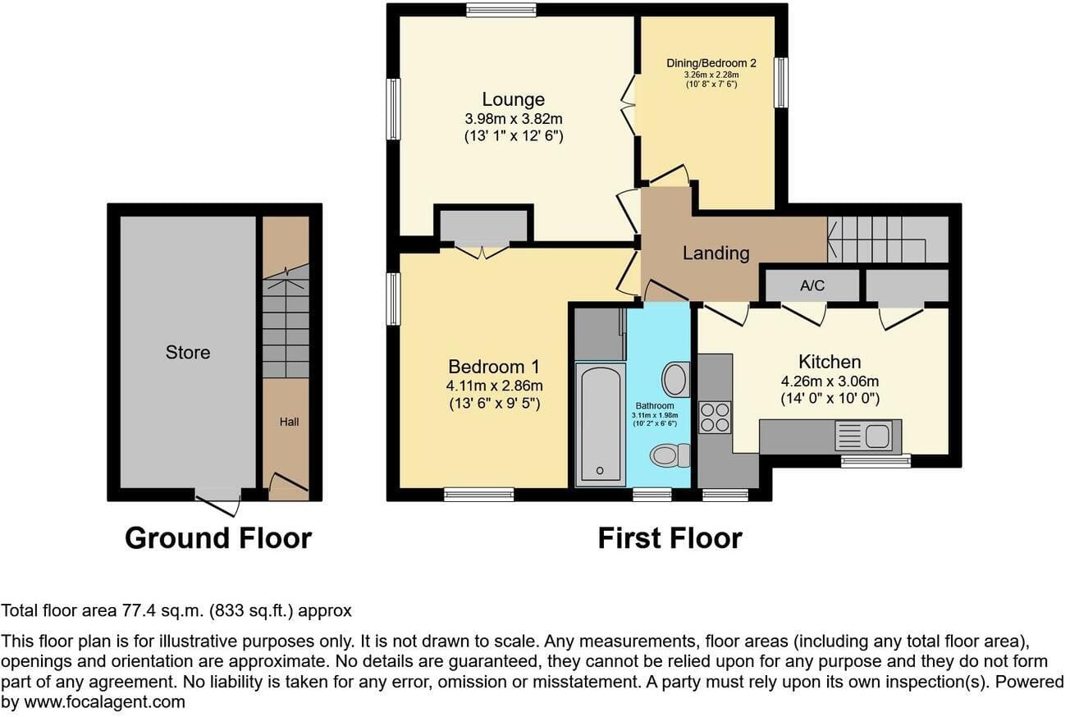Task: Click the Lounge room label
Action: click(514, 99)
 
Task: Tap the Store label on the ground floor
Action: click(188, 353)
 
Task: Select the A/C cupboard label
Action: click(812, 285)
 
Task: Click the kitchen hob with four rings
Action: click(715, 418)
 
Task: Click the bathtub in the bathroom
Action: click(601, 425)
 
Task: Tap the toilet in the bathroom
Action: click(670, 455)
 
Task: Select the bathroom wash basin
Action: click(676, 379)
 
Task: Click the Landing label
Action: click(716, 253)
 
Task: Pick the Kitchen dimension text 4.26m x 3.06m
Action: click(830, 381)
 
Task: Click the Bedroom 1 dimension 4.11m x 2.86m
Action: click(495, 386)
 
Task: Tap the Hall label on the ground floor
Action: click(289, 422)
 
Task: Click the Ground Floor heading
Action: click(218, 538)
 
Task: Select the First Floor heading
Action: click(670, 538)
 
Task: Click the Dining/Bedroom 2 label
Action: click(711, 63)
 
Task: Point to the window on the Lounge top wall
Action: click(501, 10)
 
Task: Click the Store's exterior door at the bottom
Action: click(217, 501)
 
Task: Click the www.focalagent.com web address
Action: click(104, 702)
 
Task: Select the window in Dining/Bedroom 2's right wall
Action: click(781, 83)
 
